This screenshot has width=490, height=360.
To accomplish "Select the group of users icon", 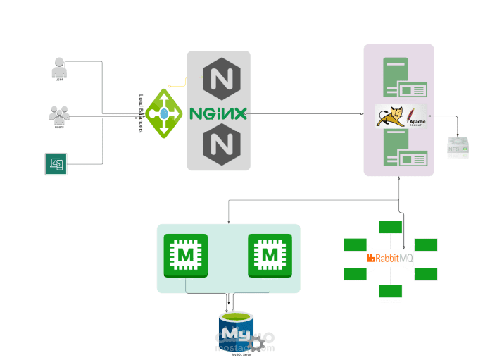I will (x=59, y=116).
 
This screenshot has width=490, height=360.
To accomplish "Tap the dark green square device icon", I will (x=55, y=163).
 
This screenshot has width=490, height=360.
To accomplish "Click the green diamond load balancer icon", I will (x=164, y=113).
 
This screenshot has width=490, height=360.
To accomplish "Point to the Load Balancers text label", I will (x=141, y=113).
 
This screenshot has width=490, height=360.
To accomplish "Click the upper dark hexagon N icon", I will (x=218, y=77).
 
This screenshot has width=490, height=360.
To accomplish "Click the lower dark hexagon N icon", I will (x=218, y=145).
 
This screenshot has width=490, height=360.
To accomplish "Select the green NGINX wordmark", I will (x=218, y=113).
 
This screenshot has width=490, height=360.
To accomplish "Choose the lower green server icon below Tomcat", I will (x=403, y=151).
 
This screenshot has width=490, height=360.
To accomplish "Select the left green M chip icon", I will (x=185, y=255).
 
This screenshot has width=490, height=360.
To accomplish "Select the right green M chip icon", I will (x=270, y=255).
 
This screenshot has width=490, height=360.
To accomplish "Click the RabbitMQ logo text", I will (x=390, y=259).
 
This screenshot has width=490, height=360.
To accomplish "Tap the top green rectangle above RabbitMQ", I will (x=390, y=227).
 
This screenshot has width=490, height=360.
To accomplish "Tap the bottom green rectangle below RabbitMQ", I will (x=390, y=291).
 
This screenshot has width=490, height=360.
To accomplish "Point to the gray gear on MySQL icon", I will (x=260, y=344).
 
